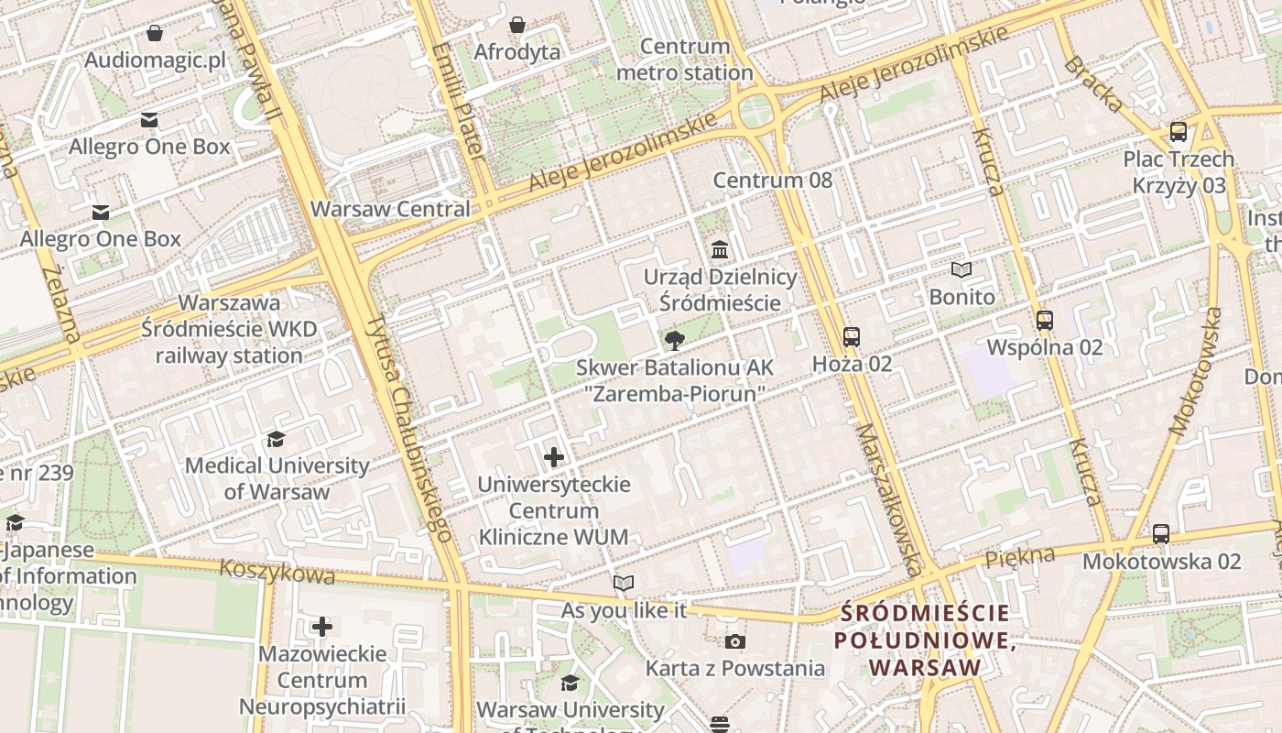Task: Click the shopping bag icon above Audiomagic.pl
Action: coord(155,34)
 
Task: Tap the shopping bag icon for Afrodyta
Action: coord(517,25)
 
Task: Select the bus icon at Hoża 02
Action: coord(852,337)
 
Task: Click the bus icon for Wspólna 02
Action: coord(1045,321)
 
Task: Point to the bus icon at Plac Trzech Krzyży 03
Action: coord(1179,132)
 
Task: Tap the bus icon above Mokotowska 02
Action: coord(1161,534)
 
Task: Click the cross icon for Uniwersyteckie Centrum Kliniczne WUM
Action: coord(554,456)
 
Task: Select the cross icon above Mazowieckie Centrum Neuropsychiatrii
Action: coord(322,627)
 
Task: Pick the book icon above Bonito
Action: coord(961,270)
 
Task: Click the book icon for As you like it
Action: coord(624,584)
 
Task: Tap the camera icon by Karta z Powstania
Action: coord(735,641)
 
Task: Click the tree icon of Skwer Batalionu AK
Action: coord(675,341)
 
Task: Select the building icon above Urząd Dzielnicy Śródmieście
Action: coord(720,250)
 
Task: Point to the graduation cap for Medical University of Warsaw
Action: coord(277,439)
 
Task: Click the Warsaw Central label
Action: coord(390,209)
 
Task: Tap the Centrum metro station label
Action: coord(685,60)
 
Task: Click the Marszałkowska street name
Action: coord(889,499)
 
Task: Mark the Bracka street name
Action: coord(1092,84)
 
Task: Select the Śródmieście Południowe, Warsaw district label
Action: coord(925,640)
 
